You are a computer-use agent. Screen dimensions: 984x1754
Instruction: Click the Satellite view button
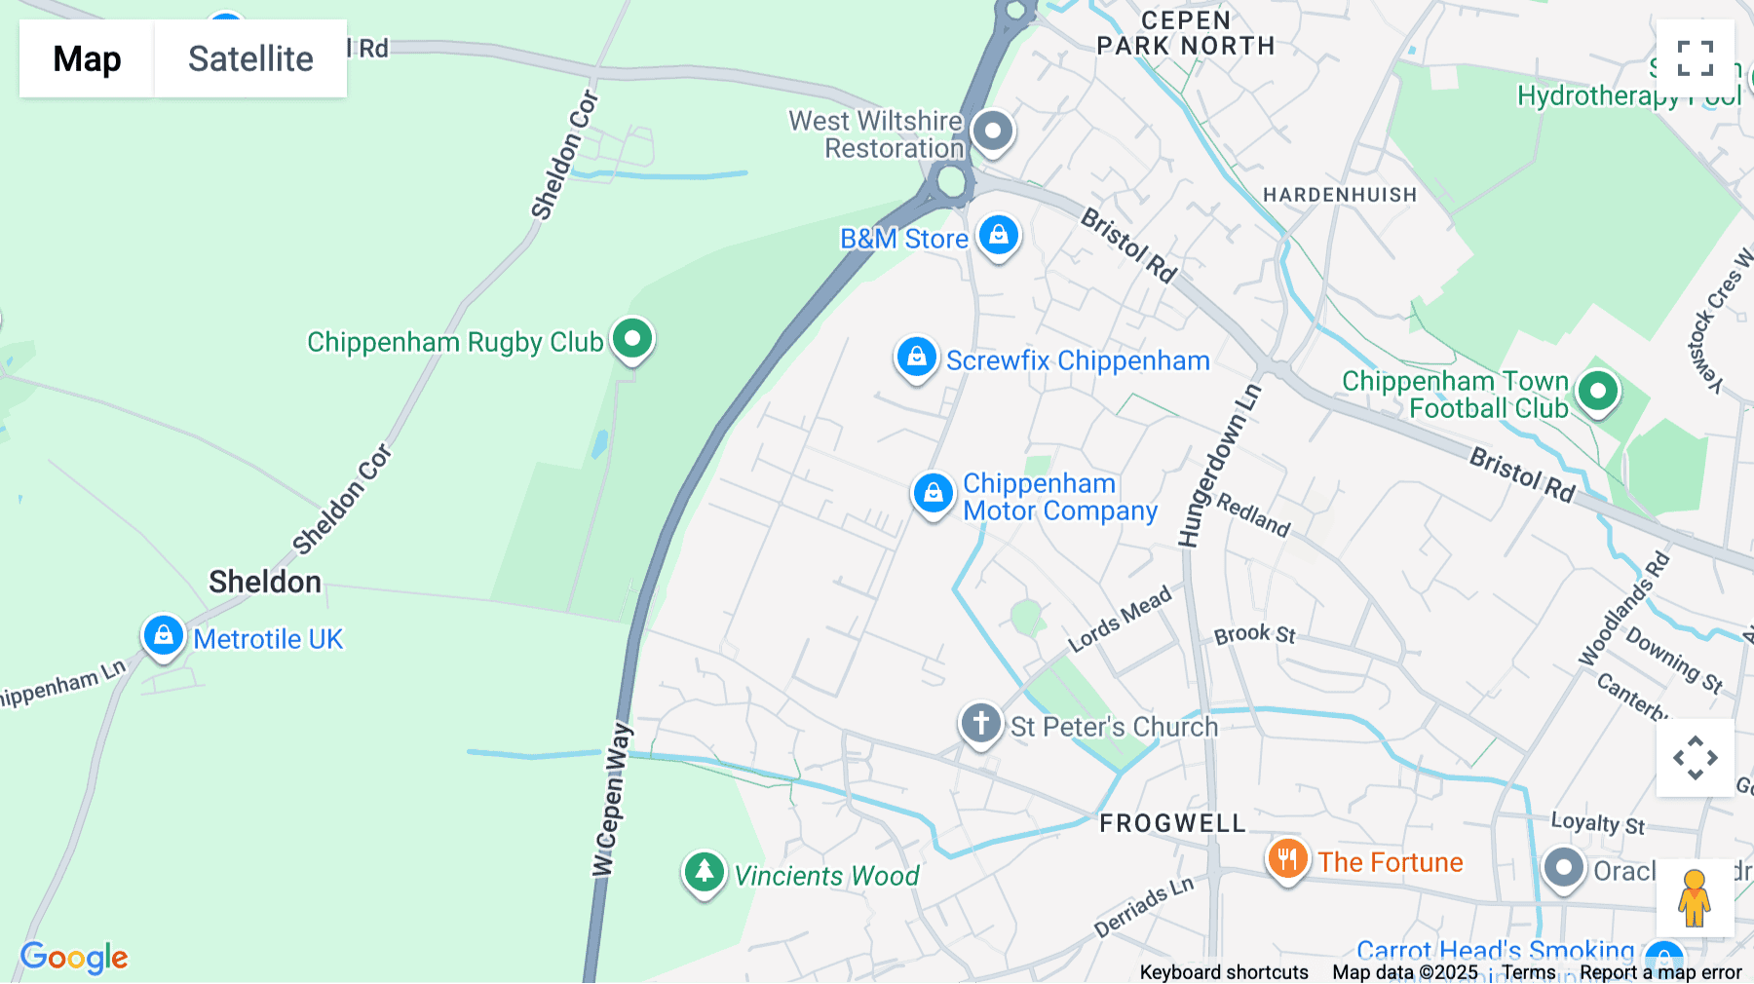[x=250, y=58]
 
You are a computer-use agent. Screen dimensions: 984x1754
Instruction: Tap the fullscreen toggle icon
[x=1695, y=58]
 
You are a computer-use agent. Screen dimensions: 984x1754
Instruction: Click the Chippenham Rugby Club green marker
[x=632, y=339]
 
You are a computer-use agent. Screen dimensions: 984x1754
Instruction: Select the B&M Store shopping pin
[x=998, y=236]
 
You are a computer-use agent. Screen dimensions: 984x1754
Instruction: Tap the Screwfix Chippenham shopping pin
[x=916, y=358]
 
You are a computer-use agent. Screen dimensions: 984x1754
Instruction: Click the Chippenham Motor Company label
[x=1059, y=497]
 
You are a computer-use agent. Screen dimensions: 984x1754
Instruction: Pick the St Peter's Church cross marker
[x=980, y=724]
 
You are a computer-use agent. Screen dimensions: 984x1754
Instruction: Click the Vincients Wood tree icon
[x=704, y=871]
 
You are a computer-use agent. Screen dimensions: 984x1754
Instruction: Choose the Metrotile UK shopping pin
[x=163, y=636]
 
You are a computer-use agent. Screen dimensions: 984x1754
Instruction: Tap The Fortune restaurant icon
[x=1287, y=859]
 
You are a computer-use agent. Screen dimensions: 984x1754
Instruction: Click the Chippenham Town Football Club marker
[x=1597, y=392]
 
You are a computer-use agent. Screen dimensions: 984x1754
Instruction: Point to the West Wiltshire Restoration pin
[x=993, y=131]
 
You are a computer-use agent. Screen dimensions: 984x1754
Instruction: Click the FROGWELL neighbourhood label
[x=1172, y=823]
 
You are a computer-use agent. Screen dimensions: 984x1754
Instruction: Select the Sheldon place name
[x=265, y=582]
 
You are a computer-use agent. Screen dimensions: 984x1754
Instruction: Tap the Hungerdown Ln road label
[x=1219, y=466]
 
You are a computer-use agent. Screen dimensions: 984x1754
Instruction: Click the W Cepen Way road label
[x=612, y=799]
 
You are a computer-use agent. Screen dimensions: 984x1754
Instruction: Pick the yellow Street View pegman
[x=1694, y=898]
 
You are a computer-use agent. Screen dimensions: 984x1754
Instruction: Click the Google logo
[x=74, y=957]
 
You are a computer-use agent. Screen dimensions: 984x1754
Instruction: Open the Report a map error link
[x=1660, y=972]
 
